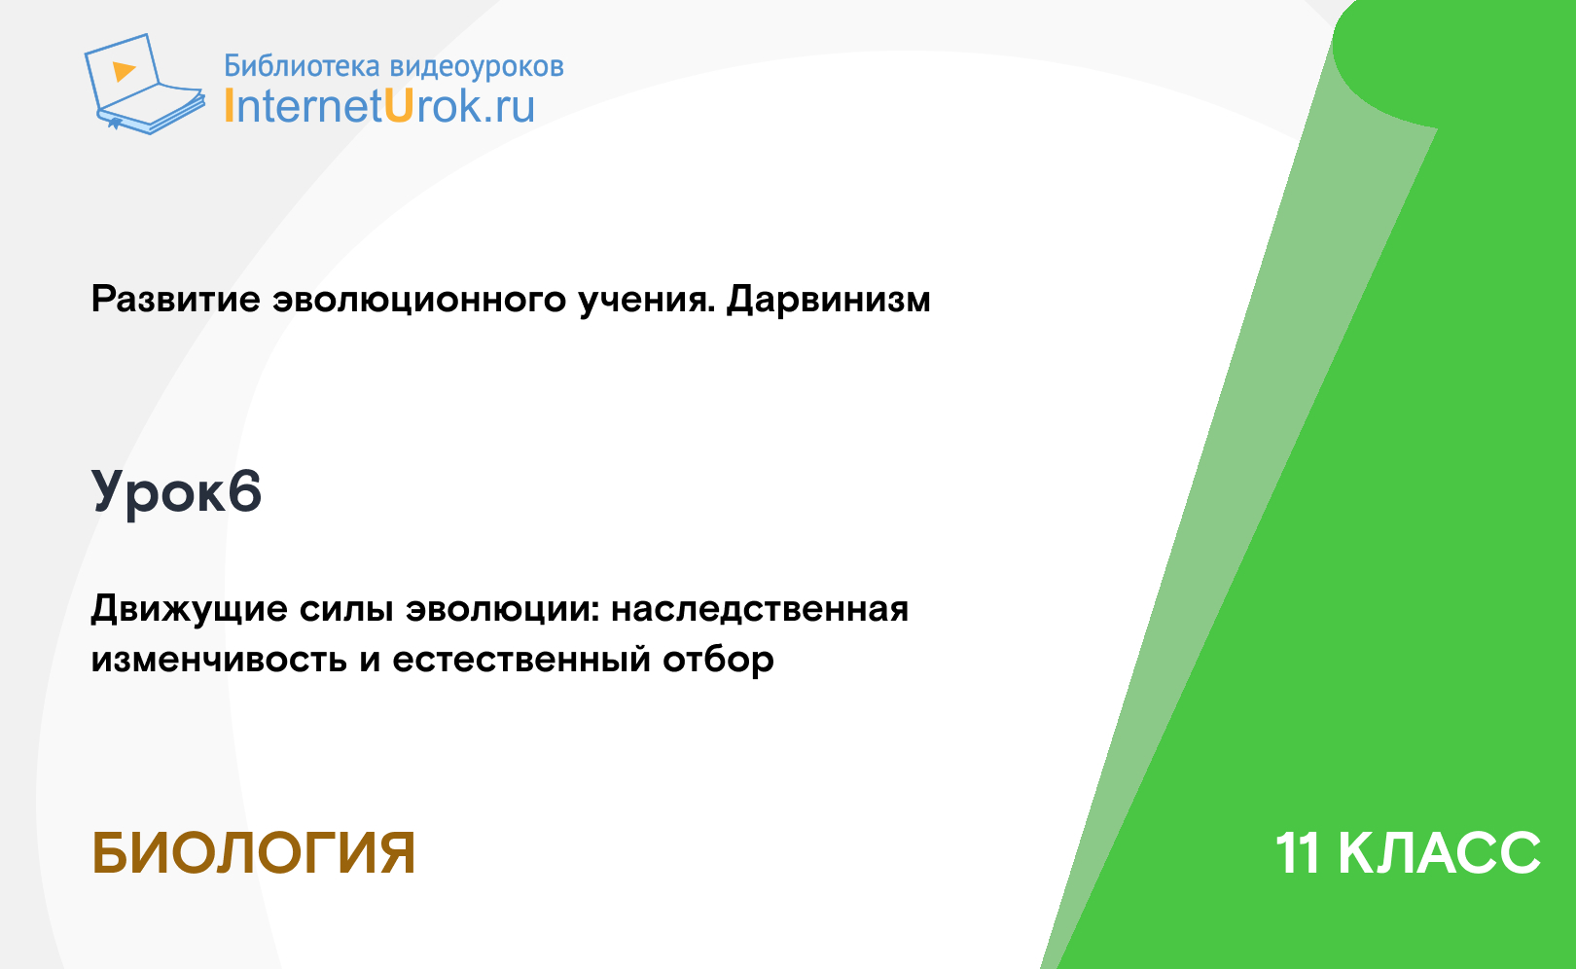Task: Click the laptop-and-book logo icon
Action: pyautogui.click(x=145, y=84)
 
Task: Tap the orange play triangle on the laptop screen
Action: pyautogui.click(x=124, y=71)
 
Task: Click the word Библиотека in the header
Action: pyautogui.click(x=302, y=65)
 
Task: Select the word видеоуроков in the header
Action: pyautogui.click(x=477, y=66)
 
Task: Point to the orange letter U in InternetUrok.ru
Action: pyautogui.click(x=398, y=106)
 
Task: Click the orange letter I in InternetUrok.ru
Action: pyautogui.click(x=228, y=106)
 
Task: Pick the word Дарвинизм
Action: pyautogui.click(x=828, y=300)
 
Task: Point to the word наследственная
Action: pyautogui.click(x=760, y=609)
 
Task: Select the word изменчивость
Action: pyautogui.click(x=219, y=660)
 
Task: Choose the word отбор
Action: pyautogui.click(x=718, y=660)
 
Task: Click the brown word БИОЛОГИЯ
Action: pyautogui.click(x=253, y=853)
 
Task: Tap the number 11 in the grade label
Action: pyautogui.click(x=1297, y=853)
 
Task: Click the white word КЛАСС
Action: pyautogui.click(x=1439, y=853)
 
